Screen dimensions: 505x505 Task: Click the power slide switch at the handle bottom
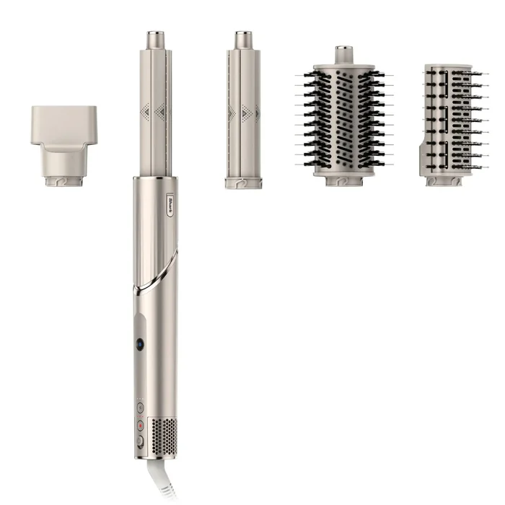139,441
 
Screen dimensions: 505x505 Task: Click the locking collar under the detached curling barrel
243,183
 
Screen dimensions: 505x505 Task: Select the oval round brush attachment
343,119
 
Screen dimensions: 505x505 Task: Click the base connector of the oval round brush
343,180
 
